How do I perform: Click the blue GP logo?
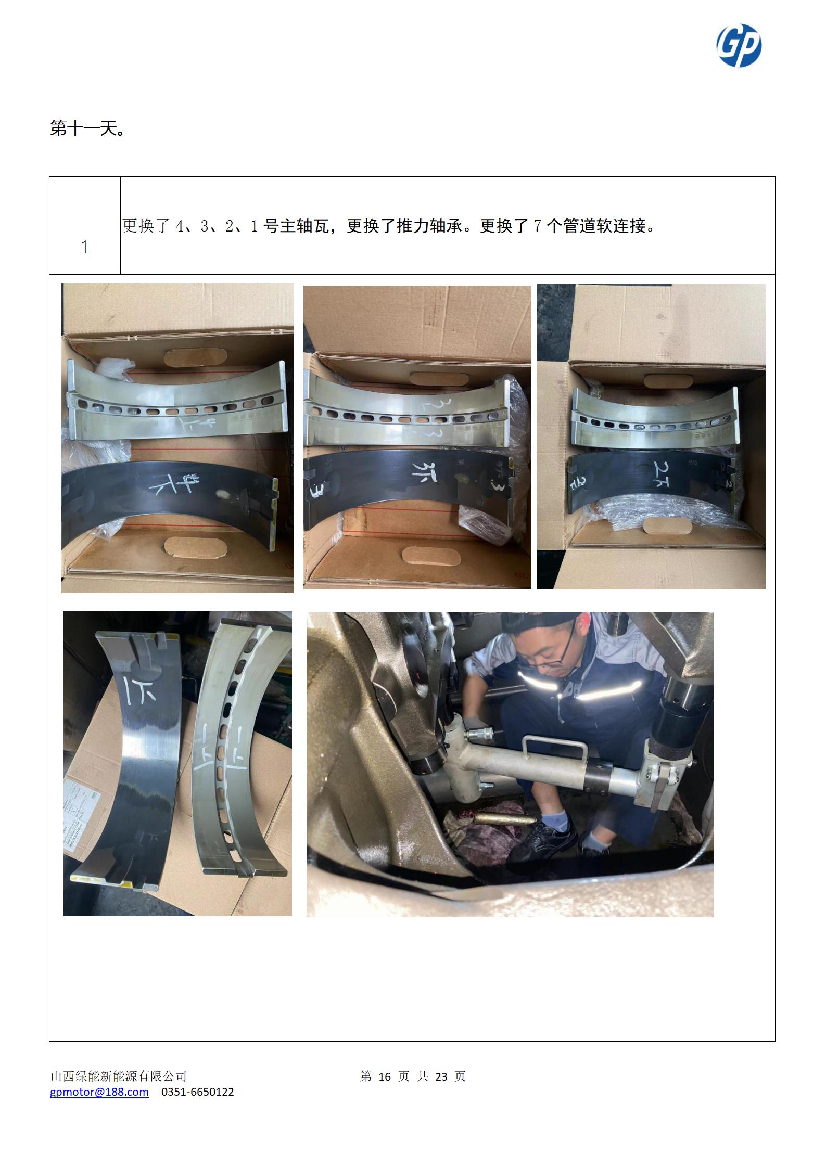(739, 46)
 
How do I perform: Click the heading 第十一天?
(87, 128)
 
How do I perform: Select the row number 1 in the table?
(84, 248)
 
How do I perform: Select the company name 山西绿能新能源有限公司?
(118, 1076)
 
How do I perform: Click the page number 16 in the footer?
(384, 1076)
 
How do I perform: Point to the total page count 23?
(441, 1076)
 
